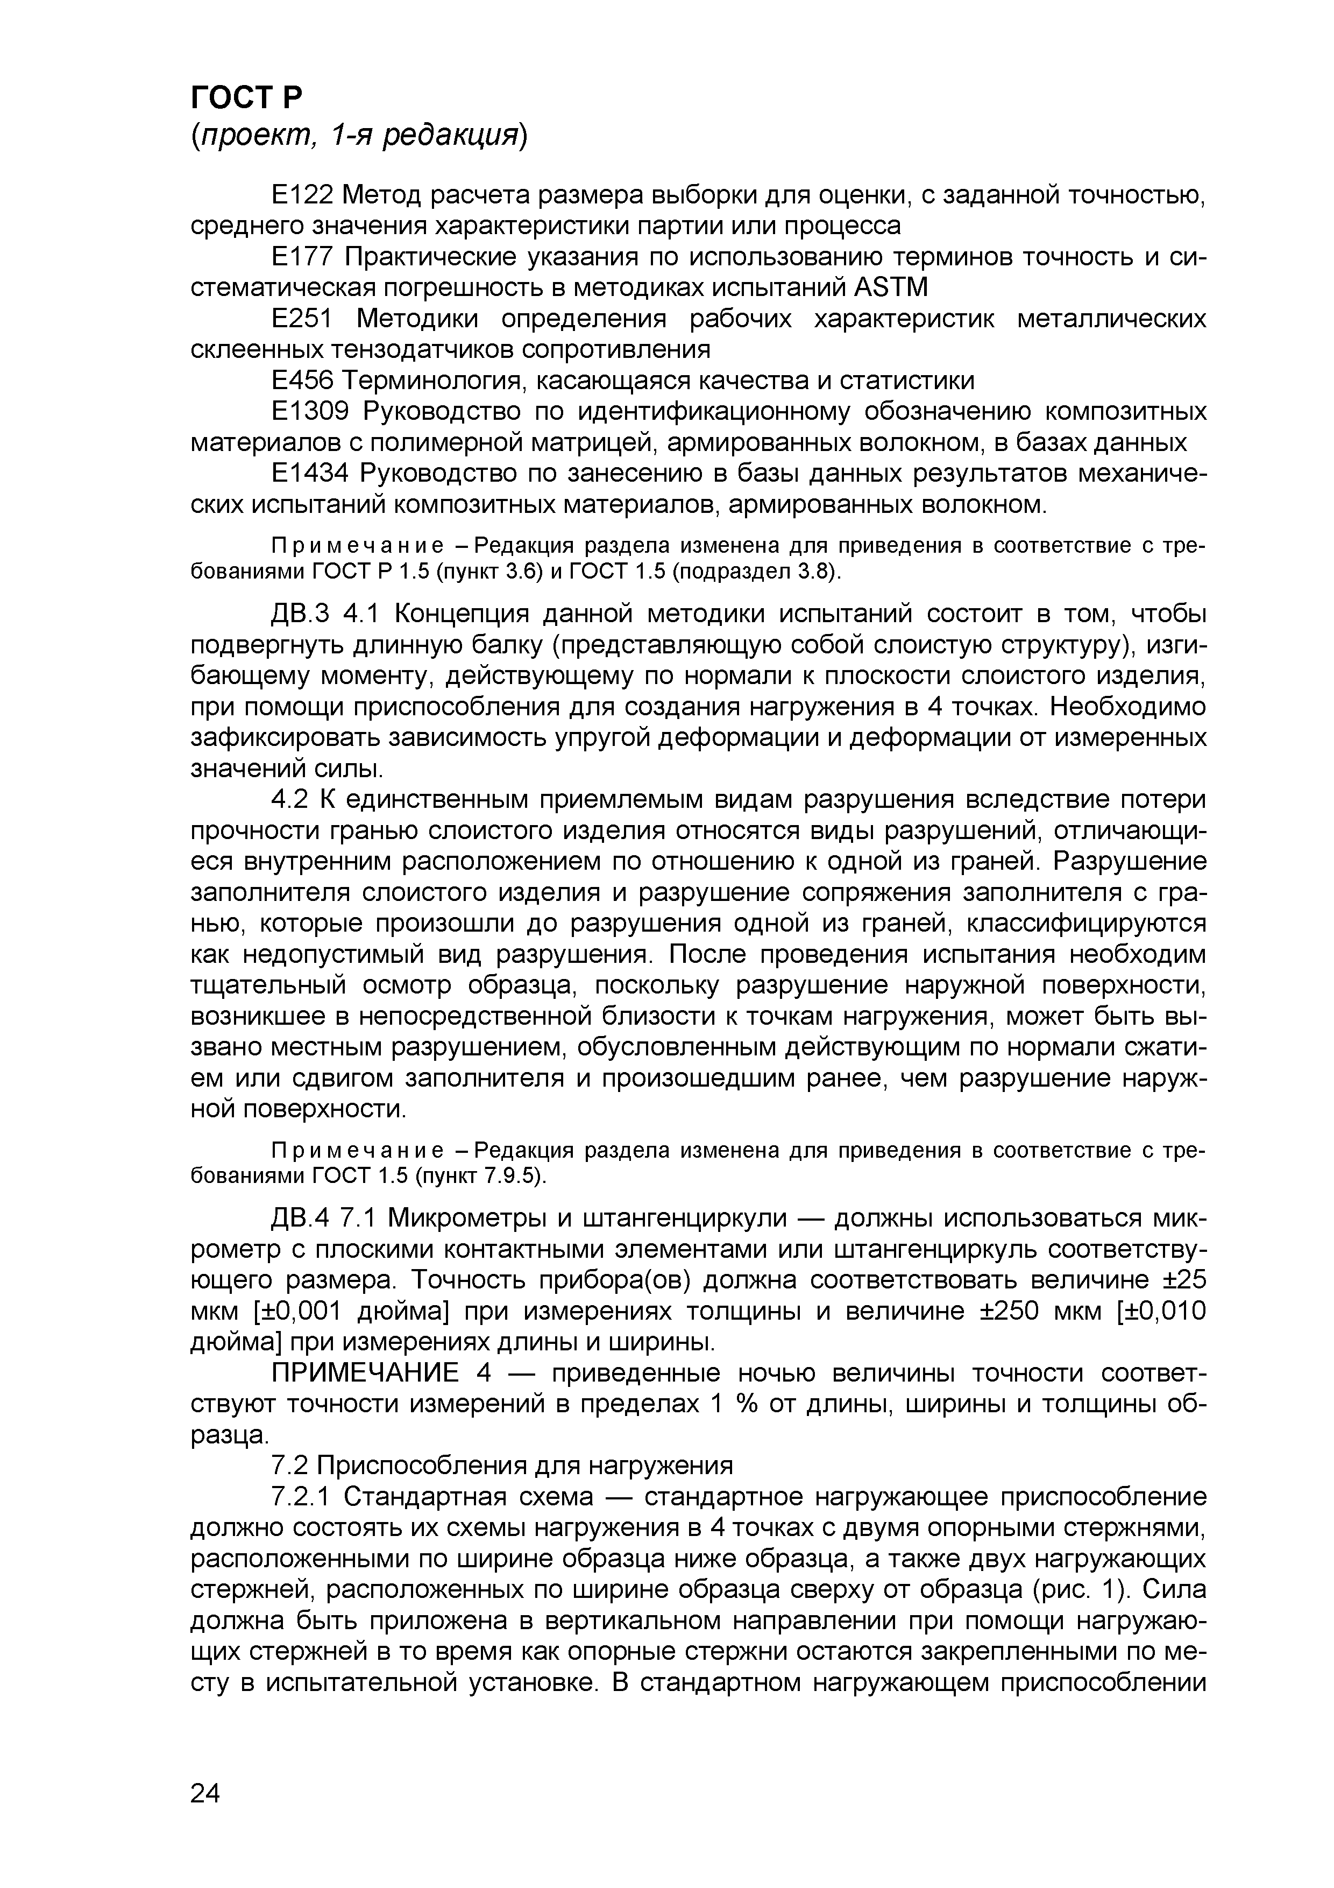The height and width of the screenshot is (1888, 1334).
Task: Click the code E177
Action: click(302, 257)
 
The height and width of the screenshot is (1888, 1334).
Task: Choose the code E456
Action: click(302, 381)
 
